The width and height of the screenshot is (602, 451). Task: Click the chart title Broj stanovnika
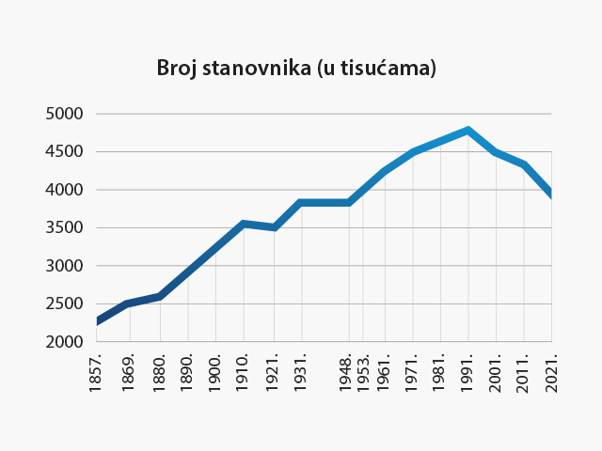click(x=296, y=69)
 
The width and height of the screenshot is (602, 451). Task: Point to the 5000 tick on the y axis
click(x=64, y=114)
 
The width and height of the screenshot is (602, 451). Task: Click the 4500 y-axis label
click(x=64, y=151)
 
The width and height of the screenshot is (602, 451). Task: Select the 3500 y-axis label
click(x=64, y=227)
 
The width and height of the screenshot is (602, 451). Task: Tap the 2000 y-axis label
click(x=64, y=342)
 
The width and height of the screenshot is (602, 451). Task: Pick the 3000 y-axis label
click(x=64, y=266)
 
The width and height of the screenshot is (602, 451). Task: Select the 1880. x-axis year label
click(x=160, y=373)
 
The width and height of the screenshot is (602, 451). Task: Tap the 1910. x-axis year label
click(x=244, y=373)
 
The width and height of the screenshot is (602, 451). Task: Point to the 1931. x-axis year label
click(x=300, y=373)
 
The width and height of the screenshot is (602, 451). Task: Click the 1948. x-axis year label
click(x=349, y=373)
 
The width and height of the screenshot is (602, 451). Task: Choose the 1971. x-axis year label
click(x=412, y=373)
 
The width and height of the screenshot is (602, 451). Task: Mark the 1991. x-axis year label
click(x=467, y=373)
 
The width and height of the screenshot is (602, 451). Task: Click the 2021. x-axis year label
click(x=552, y=373)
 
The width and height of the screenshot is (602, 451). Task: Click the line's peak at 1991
click(x=467, y=131)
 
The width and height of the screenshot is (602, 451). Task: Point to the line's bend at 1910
click(x=244, y=224)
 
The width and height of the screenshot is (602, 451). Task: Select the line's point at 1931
click(x=301, y=202)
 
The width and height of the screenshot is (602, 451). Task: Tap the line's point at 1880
click(x=160, y=296)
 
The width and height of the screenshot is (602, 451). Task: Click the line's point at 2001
click(x=496, y=152)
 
